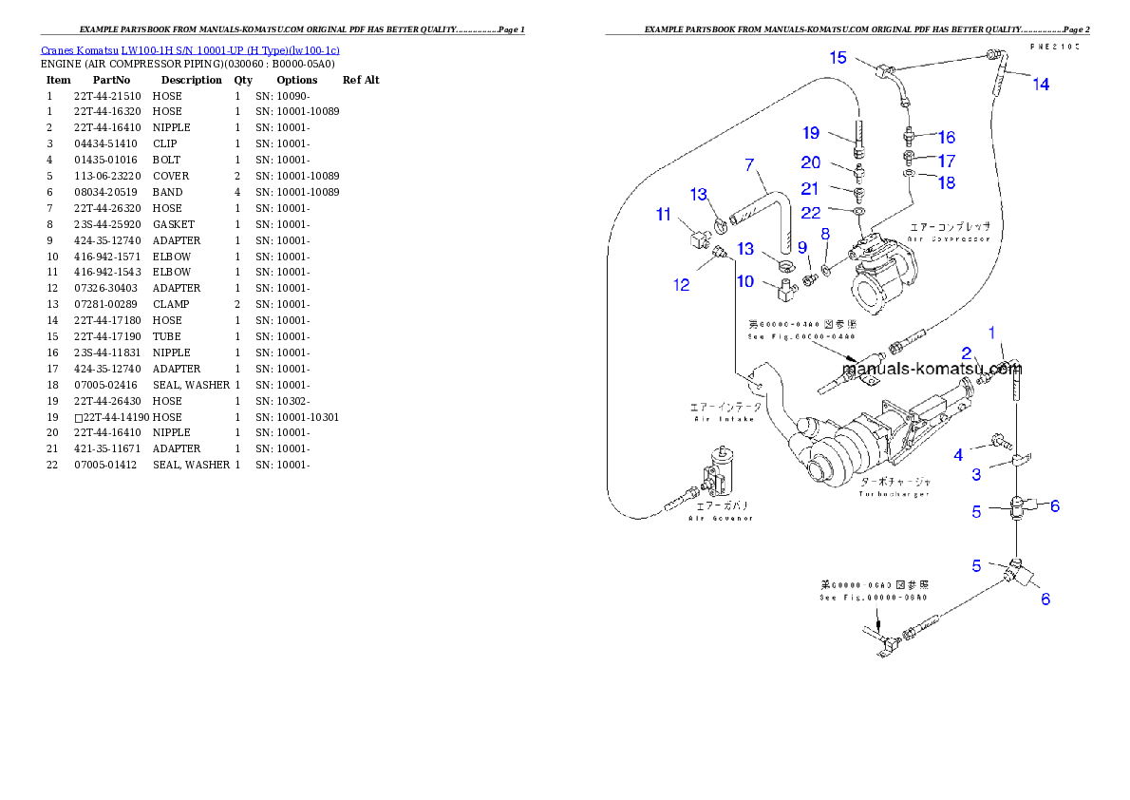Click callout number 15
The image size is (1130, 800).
coord(838,58)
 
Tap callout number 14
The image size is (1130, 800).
coord(1041,85)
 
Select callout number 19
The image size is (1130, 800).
coord(810,133)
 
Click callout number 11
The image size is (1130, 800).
coord(663,215)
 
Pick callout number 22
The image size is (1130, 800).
coord(810,213)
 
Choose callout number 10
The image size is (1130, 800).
coord(744,281)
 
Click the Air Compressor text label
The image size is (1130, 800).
coord(950,233)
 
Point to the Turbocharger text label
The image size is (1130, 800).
coord(894,487)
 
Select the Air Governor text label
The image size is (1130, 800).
coord(722,512)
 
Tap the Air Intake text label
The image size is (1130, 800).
coord(726,412)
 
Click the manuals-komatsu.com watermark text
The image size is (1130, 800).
coord(932,369)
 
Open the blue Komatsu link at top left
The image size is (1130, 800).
coord(190,50)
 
